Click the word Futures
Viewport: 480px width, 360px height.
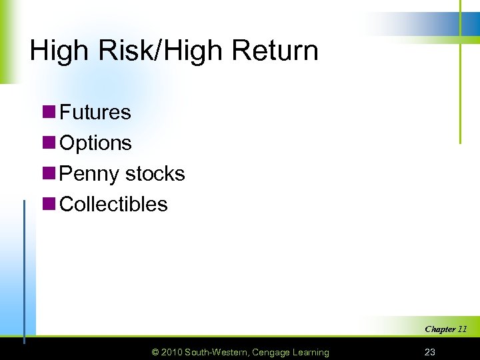pos(95,112)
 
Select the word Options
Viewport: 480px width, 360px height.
pos(96,143)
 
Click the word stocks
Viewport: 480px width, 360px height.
pos(155,173)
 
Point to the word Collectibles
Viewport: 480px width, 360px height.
pos(113,204)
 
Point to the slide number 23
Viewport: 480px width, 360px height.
pos(429,352)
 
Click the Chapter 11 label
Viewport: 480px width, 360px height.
pos(445,329)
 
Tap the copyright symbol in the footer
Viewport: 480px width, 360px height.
pos(155,352)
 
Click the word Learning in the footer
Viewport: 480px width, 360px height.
pos(310,352)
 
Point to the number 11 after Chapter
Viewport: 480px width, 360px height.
pos(462,329)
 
